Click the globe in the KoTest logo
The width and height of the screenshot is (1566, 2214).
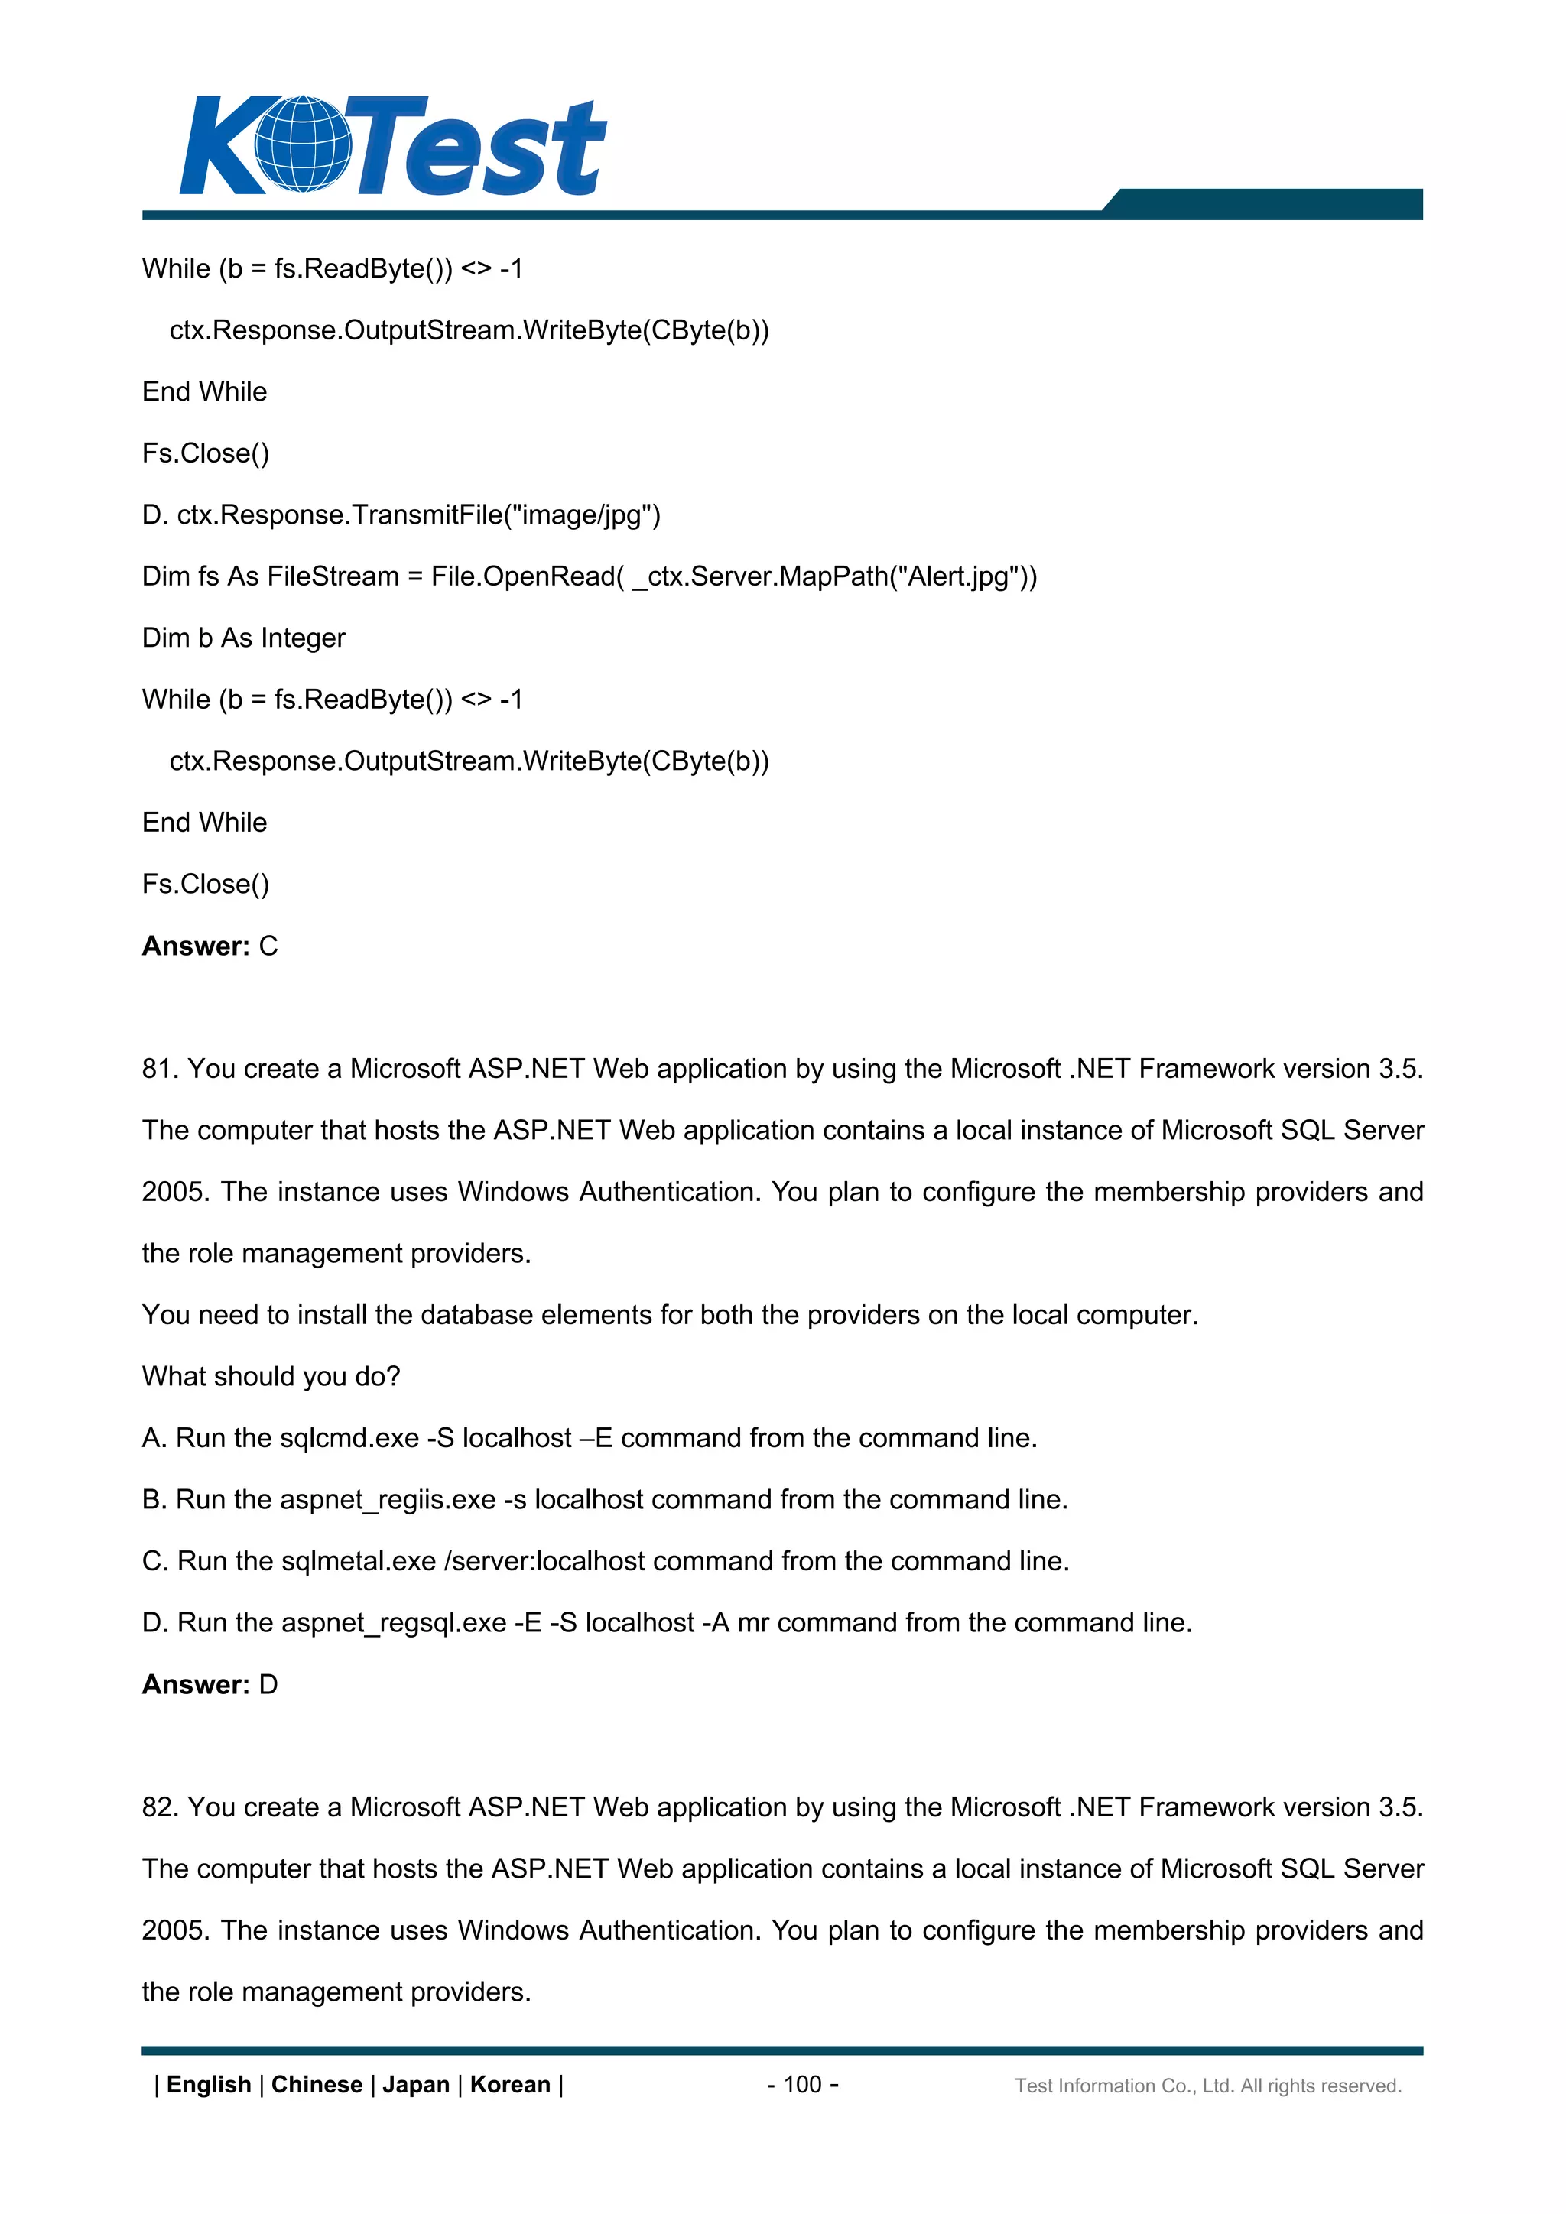(303, 144)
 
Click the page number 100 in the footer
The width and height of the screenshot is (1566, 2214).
(802, 2084)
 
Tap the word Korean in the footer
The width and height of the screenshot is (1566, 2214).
(509, 2084)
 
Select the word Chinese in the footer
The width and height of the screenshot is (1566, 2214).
(317, 2084)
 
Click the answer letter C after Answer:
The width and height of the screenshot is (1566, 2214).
(268, 946)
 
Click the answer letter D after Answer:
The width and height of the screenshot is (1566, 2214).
(268, 1685)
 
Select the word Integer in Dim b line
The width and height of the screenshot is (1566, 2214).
(303, 638)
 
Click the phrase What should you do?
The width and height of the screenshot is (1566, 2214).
(271, 1376)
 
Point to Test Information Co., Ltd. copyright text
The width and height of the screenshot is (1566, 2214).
(1207, 2086)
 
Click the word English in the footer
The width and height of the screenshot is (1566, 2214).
(208, 2084)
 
